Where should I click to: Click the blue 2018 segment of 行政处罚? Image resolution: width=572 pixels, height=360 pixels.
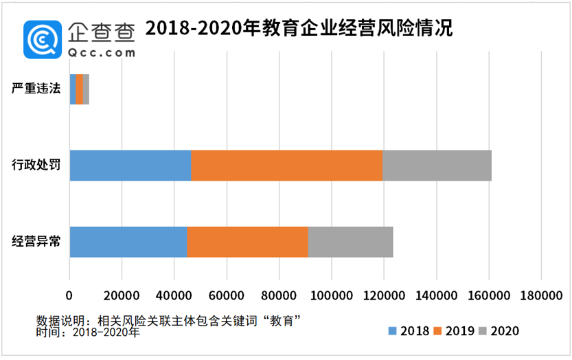[x=130, y=165]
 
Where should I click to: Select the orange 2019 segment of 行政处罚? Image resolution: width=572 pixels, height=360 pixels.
[x=286, y=165]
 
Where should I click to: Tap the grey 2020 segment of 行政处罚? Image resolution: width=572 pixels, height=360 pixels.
[x=437, y=165]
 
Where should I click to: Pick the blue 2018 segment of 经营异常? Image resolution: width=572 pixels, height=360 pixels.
[x=128, y=241]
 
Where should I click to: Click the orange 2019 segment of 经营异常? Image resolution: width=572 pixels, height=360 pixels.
[x=247, y=241]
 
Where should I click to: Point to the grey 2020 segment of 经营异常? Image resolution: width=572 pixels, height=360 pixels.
[x=350, y=241]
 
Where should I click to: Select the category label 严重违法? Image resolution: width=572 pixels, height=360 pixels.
[x=36, y=89]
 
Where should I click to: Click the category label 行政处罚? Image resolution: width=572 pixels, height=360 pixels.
[x=36, y=165]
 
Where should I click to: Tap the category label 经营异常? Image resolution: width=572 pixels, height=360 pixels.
[x=36, y=241]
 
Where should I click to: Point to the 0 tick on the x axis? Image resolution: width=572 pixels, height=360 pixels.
[x=69, y=295]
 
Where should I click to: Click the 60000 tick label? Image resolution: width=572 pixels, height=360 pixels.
[x=227, y=295]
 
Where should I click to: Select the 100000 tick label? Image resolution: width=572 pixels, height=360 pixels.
[x=331, y=295]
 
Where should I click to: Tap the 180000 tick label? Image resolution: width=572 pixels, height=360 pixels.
[x=540, y=295]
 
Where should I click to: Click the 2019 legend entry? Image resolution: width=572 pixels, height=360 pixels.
[x=455, y=331]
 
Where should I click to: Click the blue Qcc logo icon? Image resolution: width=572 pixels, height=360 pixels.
[x=43, y=38]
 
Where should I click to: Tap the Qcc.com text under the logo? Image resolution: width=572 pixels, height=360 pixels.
[x=102, y=52]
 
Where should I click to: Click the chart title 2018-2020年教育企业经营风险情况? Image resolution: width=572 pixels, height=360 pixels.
[x=299, y=29]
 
